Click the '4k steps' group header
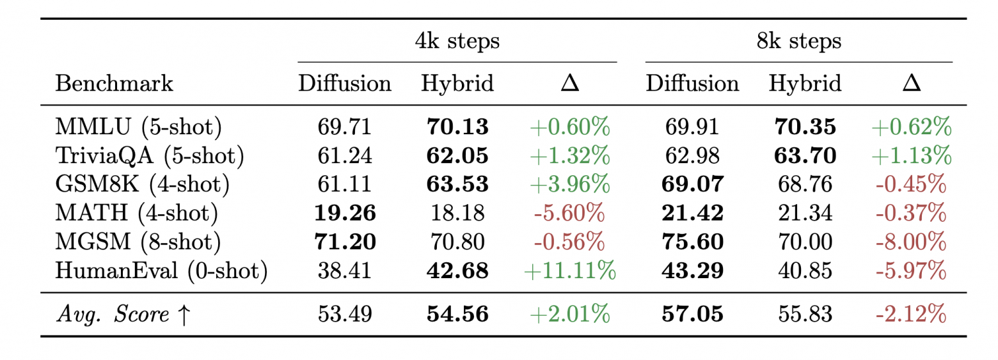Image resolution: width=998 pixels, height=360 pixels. coord(457,41)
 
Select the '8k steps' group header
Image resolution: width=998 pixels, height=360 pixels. coord(799,41)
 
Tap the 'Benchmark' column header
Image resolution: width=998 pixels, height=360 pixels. coord(114,83)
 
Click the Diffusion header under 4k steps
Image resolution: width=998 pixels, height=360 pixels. coord(344,83)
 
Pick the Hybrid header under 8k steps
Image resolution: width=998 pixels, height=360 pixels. coord(805,84)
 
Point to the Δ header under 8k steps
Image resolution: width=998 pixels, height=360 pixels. coord(912,83)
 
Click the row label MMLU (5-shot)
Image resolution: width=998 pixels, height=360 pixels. coord(139,127)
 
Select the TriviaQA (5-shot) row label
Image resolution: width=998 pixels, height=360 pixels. coord(150,156)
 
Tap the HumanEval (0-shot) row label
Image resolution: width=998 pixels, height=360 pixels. coord(161,271)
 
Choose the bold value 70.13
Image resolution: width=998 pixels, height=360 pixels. coord(457,127)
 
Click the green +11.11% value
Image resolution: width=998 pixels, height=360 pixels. coord(570,271)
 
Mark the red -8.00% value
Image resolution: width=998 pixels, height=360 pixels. coord(911,242)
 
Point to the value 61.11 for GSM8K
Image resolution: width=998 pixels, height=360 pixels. coord(344,184)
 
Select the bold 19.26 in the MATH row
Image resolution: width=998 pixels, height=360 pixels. coord(345,213)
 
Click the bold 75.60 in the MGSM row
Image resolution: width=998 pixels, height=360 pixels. coord(692,242)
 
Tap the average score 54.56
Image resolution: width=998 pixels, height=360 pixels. coord(457,314)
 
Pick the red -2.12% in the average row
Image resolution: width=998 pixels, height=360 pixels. coord(911,314)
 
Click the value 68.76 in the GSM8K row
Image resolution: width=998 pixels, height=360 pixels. coord(805,184)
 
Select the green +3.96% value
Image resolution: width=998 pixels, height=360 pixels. coord(570,184)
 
